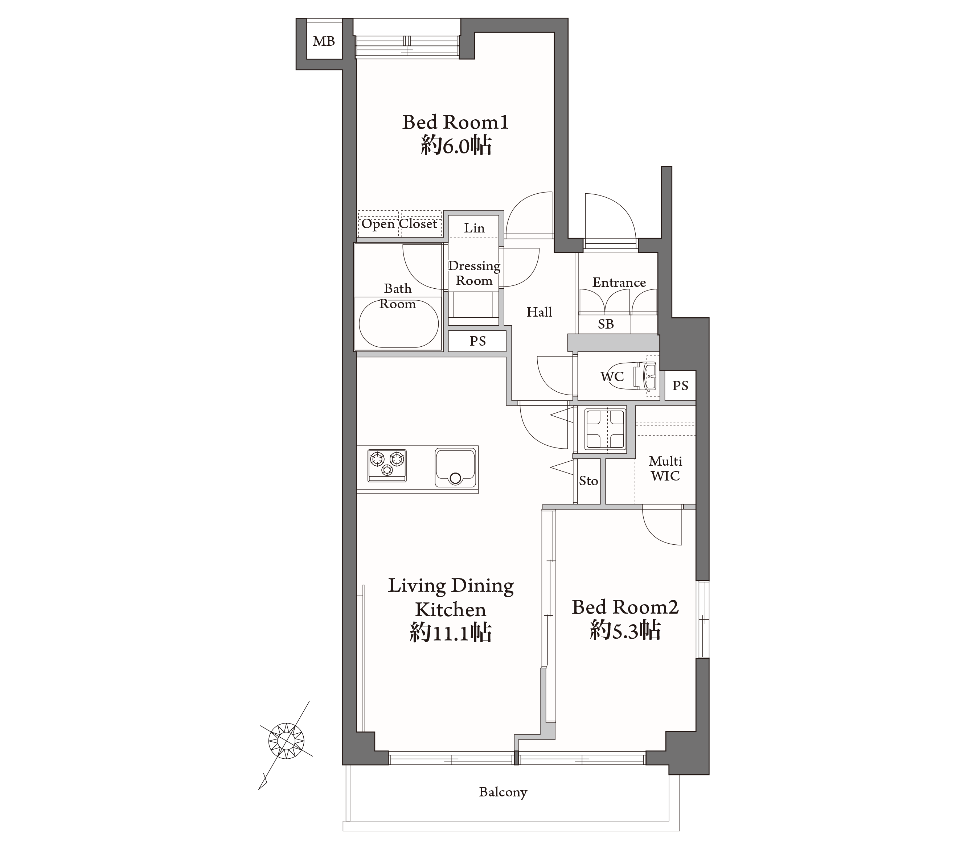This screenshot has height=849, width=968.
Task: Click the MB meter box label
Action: [324, 42]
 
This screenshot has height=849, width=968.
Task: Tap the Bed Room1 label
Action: [456, 122]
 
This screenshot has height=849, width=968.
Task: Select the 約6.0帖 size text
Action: [456, 146]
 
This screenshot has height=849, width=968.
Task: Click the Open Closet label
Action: [399, 223]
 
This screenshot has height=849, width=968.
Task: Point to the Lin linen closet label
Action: [474, 228]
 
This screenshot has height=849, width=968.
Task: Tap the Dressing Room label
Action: [474, 273]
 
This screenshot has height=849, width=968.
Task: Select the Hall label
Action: [540, 312]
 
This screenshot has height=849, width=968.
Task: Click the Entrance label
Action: [619, 283]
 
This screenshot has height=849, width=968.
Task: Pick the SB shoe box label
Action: [606, 324]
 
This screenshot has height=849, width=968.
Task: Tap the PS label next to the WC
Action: [680, 386]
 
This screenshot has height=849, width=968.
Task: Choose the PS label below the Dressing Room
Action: [477, 341]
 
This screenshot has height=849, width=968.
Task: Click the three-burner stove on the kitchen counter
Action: [387, 465]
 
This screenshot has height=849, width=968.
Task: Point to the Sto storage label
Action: [588, 481]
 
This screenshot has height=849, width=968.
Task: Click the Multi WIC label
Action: [665, 468]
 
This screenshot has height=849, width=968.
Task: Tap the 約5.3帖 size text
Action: [625, 631]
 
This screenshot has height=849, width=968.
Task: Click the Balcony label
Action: [503, 792]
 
